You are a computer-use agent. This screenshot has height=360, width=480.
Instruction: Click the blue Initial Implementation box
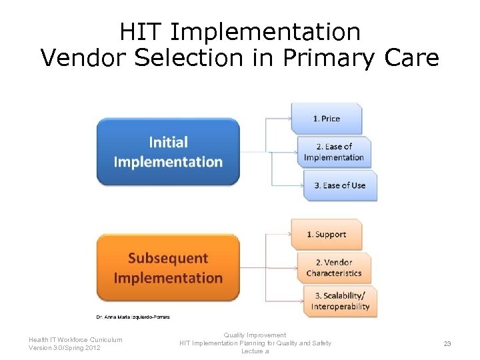168,151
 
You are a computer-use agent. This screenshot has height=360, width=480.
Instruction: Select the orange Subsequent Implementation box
168,267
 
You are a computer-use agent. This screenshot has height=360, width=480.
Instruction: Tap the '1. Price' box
327,119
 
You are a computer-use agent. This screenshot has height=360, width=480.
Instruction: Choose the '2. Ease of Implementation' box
334,152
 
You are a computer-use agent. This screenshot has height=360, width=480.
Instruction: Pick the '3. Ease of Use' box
341,185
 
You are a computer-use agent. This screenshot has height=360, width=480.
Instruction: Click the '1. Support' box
327,235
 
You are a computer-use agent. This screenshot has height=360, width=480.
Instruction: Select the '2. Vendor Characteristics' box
334,267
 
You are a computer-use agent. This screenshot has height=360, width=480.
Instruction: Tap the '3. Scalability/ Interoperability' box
340,301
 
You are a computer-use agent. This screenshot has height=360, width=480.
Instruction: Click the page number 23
447,343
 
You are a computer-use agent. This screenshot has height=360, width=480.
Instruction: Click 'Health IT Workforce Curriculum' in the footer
75,339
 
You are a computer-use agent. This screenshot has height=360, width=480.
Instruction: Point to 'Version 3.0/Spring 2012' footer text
65,348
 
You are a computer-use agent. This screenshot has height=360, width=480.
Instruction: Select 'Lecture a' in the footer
255,351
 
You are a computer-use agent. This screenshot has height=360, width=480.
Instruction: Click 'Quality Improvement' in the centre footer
255,335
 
